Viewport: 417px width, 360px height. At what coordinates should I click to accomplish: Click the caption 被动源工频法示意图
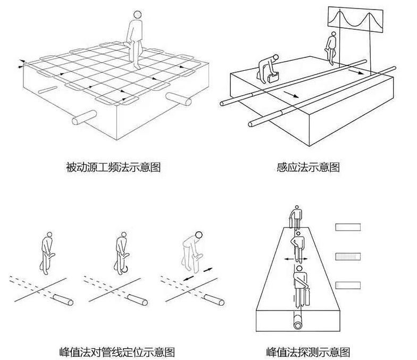coord(113,168)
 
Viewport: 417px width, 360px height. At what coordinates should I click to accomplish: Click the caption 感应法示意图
coord(308,168)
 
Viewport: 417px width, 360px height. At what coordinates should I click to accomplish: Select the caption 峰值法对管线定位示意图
coord(117,351)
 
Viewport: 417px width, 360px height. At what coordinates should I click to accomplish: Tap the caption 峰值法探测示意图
coord(308,351)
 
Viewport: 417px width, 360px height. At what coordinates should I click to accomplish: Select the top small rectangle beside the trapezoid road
coord(348,228)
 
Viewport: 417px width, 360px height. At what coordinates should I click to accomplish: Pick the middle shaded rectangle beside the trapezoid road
coord(348,257)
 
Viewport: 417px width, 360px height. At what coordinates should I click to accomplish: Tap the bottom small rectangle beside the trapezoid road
coord(348,285)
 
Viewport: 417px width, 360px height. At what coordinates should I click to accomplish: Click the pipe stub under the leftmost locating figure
coord(63,300)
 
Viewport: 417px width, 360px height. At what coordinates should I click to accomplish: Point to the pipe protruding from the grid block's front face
coord(83,118)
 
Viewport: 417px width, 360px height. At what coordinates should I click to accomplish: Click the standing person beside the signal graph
coord(331,47)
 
